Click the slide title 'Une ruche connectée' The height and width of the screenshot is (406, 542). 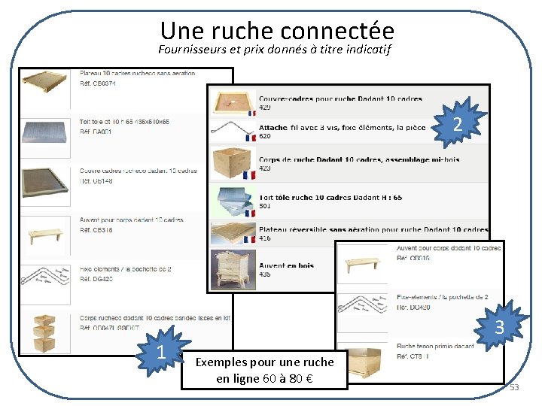(277, 30)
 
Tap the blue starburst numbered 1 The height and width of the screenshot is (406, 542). (160, 352)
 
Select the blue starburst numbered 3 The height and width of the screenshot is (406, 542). (499, 327)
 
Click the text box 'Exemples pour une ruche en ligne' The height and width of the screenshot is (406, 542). (264, 369)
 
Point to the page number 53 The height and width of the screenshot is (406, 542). (514, 387)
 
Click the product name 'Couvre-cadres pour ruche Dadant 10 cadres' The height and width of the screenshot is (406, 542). (340, 98)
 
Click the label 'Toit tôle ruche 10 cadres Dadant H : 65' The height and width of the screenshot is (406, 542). (330, 197)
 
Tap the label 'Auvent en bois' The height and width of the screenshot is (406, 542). (286, 265)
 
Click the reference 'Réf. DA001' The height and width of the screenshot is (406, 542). (96, 131)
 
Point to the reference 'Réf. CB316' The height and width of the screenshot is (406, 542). (97, 230)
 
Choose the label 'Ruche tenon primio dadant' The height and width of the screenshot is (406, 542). (435, 347)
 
